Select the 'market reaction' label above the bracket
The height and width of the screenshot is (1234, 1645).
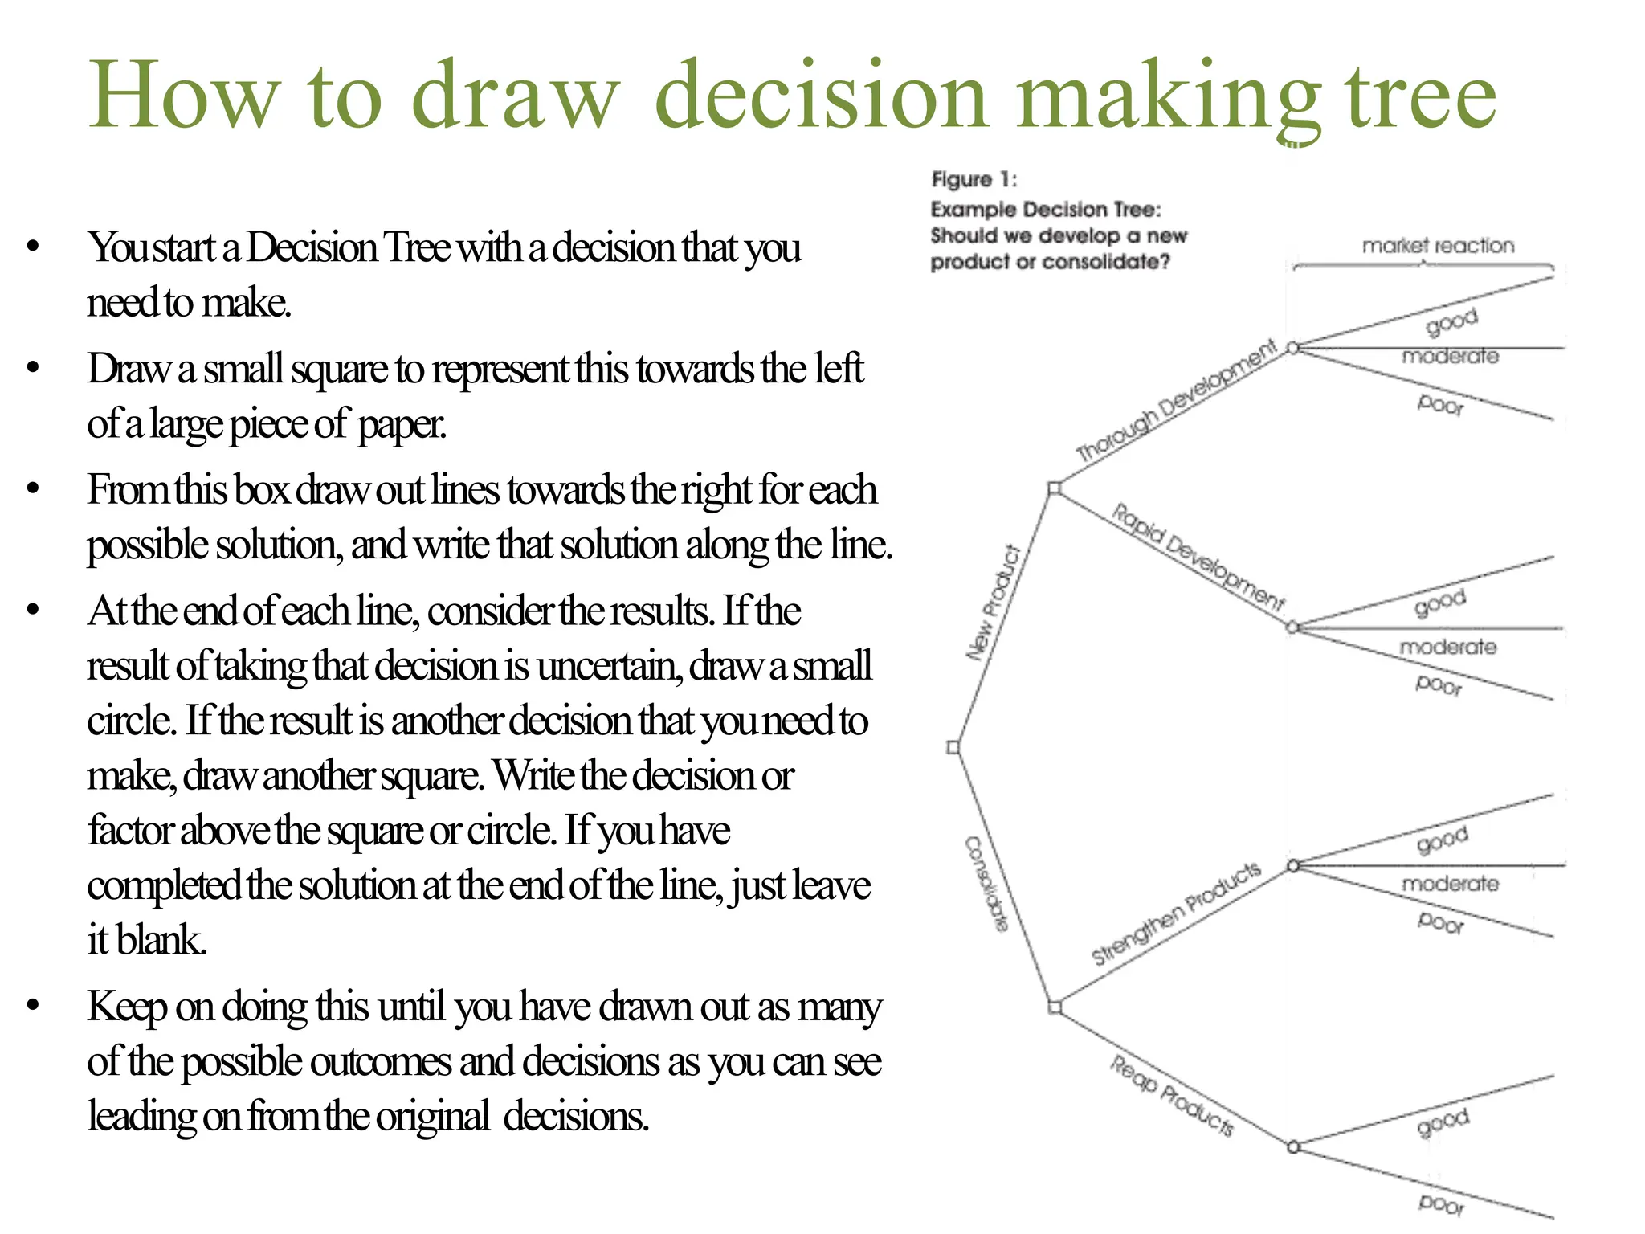tap(1438, 245)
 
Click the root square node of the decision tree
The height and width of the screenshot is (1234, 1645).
tap(953, 748)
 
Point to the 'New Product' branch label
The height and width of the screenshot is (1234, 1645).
tap(994, 603)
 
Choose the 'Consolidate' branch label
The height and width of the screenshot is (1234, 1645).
tap(986, 884)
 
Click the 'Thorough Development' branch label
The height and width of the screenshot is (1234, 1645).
tap(1176, 400)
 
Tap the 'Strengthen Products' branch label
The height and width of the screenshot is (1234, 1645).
tap(1176, 913)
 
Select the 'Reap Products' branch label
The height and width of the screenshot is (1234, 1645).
tap(1172, 1095)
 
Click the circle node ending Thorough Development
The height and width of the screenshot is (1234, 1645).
tap(1292, 348)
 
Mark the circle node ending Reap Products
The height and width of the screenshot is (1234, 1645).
tap(1293, 1147)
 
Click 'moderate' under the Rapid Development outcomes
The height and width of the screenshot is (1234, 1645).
tap(1447, 647)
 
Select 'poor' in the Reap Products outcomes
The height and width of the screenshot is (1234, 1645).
tap(1441, 1203)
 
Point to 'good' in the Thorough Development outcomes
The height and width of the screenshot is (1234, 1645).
tap(1451, 321)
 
